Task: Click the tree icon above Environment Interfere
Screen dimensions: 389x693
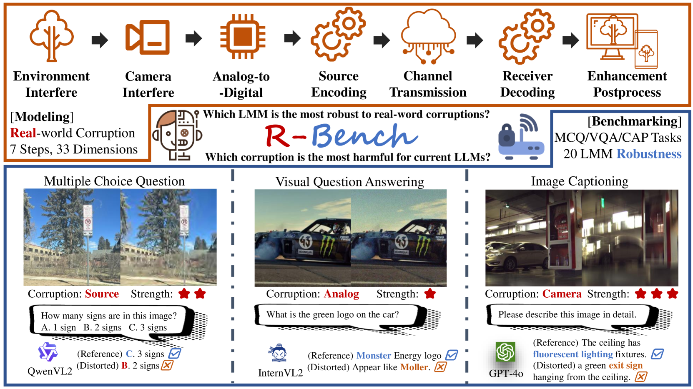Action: (51, 36)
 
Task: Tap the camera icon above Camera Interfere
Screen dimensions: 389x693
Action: (148, 38)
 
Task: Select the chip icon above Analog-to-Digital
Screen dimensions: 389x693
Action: (243, 37)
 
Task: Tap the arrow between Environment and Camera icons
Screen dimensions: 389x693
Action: (100, 40)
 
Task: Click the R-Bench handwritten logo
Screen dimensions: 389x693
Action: (341, 136)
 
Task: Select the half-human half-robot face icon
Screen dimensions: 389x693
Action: (177, 135)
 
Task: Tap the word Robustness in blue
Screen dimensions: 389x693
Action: (649, 154)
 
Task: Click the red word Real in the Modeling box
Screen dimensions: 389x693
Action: (23, 133)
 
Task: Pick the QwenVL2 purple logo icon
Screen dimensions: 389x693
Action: (48, 352)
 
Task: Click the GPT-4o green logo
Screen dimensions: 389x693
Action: (505, 352)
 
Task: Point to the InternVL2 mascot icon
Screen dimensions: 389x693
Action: (278, 354)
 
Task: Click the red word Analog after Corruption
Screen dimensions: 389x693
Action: (341, 294)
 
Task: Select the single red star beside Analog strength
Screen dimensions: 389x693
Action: (430, 294)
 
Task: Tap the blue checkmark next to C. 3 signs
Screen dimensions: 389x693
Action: (175, 354)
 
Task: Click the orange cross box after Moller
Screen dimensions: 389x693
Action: (440, 367)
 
